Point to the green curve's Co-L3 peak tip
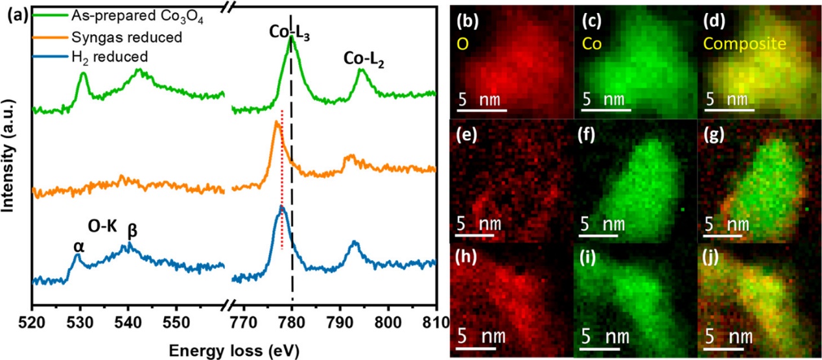(291, 37)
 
